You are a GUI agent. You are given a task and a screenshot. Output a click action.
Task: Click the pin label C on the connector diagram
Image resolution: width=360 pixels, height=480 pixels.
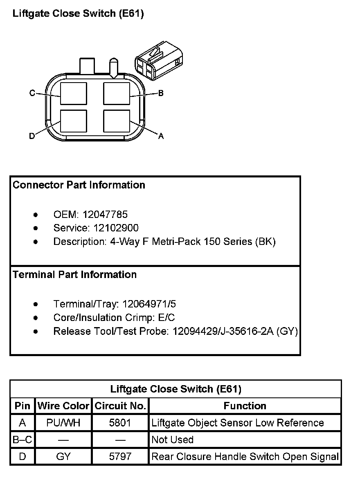pos(32,93)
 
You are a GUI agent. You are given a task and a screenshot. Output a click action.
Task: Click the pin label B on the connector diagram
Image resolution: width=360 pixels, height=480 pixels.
pos(161,93)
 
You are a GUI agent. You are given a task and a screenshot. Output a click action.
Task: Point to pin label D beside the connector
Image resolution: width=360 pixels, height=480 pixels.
pos(32,136)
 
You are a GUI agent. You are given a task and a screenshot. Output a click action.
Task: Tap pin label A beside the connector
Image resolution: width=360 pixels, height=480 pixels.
pos(161,136)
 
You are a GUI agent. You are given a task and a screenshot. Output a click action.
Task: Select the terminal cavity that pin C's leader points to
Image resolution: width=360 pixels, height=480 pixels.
pos(74,94)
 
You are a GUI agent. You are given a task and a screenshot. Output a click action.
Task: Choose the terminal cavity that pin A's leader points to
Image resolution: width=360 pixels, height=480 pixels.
pos(117,121)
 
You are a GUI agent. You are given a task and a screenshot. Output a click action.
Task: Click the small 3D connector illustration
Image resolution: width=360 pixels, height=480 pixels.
pos(157,60)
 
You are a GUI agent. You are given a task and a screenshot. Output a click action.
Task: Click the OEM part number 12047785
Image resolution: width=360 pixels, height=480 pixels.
pos(105,214)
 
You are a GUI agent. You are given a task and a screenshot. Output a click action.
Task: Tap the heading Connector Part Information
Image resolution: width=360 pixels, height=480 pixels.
pos(79,185)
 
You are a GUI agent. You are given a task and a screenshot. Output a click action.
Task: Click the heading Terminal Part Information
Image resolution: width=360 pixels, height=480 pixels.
pos(75,274)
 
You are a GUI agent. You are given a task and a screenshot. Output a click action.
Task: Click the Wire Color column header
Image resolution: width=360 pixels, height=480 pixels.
pos(63,406)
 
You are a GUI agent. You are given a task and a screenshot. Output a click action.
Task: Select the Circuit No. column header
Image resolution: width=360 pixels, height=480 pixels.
pos(120,406)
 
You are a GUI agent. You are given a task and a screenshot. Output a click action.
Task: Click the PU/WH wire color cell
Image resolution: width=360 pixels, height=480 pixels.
pos(63,423)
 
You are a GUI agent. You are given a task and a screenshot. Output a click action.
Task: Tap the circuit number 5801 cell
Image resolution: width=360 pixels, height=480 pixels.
pos(120,423)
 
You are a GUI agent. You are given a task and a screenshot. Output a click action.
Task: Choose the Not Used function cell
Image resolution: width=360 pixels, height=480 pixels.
pos(172,440)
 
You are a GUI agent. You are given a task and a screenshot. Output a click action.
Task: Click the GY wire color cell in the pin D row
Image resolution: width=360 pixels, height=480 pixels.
pos(63,456)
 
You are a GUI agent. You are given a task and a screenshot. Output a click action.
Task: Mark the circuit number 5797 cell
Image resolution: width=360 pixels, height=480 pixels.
pos(120,456)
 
